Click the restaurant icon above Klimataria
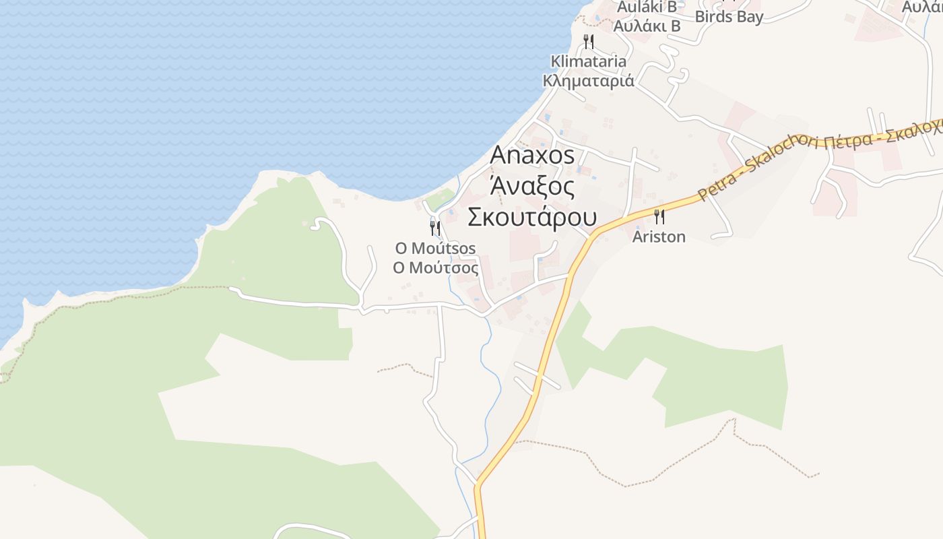[589, 42]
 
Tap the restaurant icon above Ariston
[659, 216]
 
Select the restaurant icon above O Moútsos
[435, 228]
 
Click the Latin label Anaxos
[532, 155]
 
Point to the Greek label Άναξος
[532, 187]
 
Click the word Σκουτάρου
[532, 218]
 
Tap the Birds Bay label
[729, 16]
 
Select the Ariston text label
[659, 236]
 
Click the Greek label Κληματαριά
[589, 81]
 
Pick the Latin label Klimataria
[589, 61]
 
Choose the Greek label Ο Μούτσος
[436, 267]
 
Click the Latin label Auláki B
[647, 7]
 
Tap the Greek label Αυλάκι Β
[647, 26]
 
